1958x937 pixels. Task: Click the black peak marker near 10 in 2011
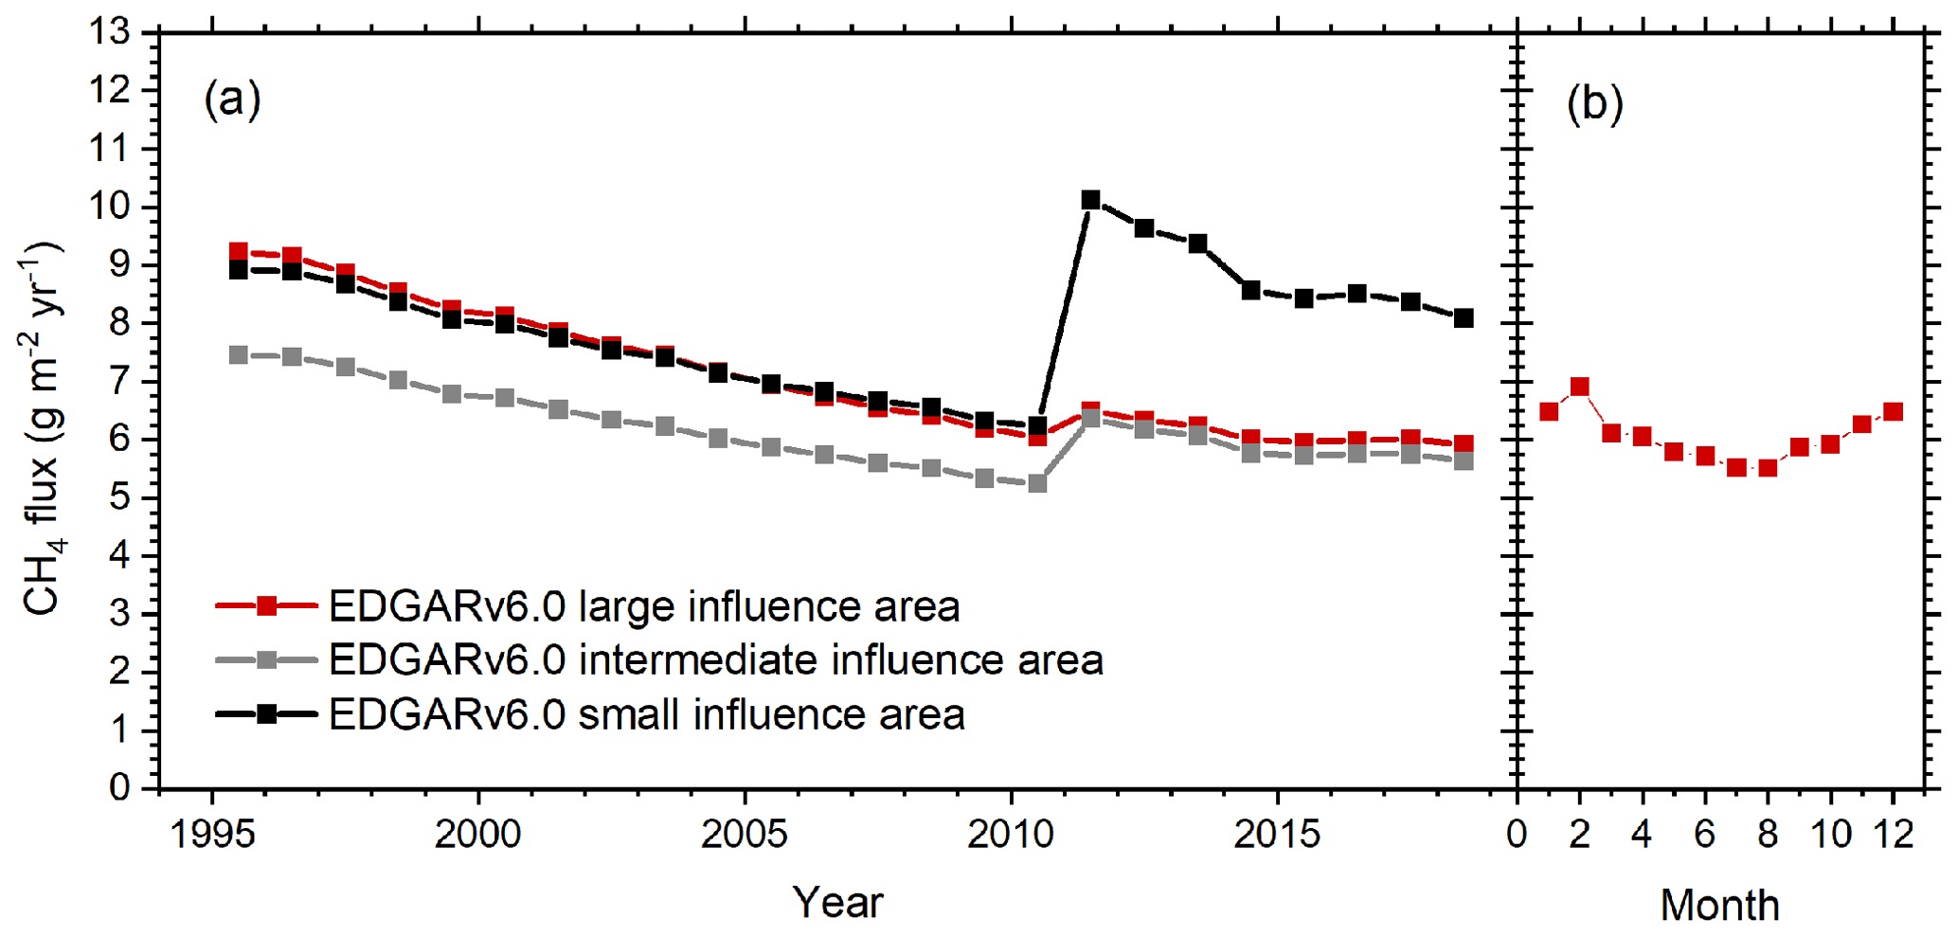pyautogui.click(x=1090, y=200)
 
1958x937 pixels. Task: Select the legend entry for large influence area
pyautogui.click(x=644, y=606)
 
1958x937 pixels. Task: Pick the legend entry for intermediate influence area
pyautogui.click(x=715, y=660)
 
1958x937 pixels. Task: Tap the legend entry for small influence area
pyautogui.click(x=646, y=714)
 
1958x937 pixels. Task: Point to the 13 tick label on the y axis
pyautogui.click(x=109, y=32)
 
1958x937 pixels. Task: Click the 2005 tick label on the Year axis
pyautogui.click(x=744, y=835)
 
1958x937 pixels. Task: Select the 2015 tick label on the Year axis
pyautogui.click(x=1277, y=835)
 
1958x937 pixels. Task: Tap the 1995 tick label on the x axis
pyautogui.click(x=211, y=835)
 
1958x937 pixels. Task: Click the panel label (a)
pyautogui.click(x=232, y=99)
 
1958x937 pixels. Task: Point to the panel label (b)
pyautogui.click(x=1594, y=103)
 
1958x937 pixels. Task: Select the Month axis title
pyautogui.click(x=1719, y=906)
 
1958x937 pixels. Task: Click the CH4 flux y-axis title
pyautogui.click(x=43, y=428)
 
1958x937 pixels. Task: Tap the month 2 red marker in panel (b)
pyautogui.click(x=1579, y=387)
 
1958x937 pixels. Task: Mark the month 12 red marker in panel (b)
pyautogui.click(x=1893, y=411)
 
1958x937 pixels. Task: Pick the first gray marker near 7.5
pyautogui.click(x=239, y=355)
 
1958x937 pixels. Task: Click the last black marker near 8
pyautogui.click(x=1464, y=318)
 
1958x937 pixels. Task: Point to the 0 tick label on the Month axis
pyautogui.click(x=1517, y=835)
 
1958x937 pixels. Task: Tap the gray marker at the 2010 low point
pyautogui.click(x=1037, y=483)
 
